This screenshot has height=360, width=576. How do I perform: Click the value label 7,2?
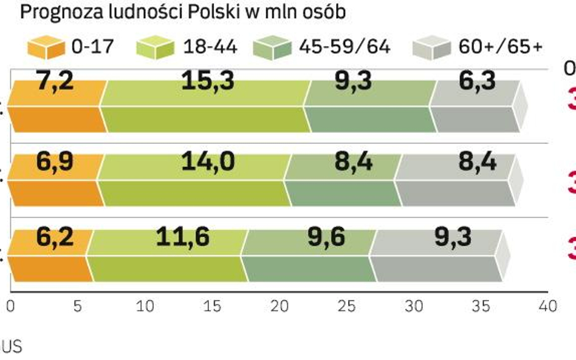click(x=55, y=81)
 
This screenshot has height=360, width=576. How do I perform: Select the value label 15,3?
click(x=208, y=81)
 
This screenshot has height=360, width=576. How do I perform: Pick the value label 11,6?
click(x=183, y=236)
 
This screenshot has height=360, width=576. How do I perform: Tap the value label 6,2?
click(x=55, y=236)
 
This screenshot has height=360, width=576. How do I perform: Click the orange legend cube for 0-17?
click(x=46, y=46)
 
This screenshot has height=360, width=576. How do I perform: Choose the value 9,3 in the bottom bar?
click(x=452, y=236)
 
